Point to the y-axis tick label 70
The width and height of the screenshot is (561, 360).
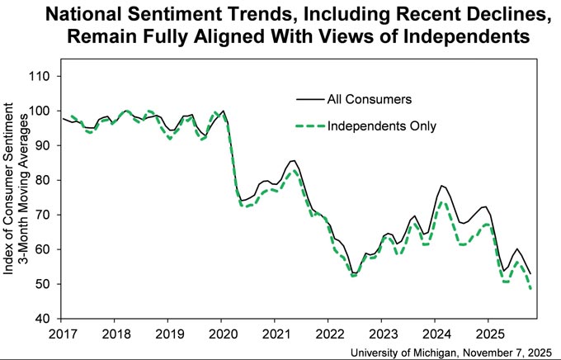(43, 216)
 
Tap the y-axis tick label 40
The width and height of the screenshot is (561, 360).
(43, 320)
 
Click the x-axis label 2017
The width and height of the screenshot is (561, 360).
(63, 334)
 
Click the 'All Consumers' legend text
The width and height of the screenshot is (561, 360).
(370, 99)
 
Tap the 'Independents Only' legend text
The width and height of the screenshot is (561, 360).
(382, 126)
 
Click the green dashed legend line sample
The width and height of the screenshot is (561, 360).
(310, 126)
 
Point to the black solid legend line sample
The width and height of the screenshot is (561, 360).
(310, 99)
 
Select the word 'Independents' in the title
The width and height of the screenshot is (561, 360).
(467, 37)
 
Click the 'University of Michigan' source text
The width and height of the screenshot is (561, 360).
(403, 353)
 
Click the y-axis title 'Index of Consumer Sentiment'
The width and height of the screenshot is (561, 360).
(8, 189)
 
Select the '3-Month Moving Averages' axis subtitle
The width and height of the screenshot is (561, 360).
(24, 189)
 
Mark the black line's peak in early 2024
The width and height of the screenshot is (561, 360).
(441, 186)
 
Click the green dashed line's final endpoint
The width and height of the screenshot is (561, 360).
(530, 288)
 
